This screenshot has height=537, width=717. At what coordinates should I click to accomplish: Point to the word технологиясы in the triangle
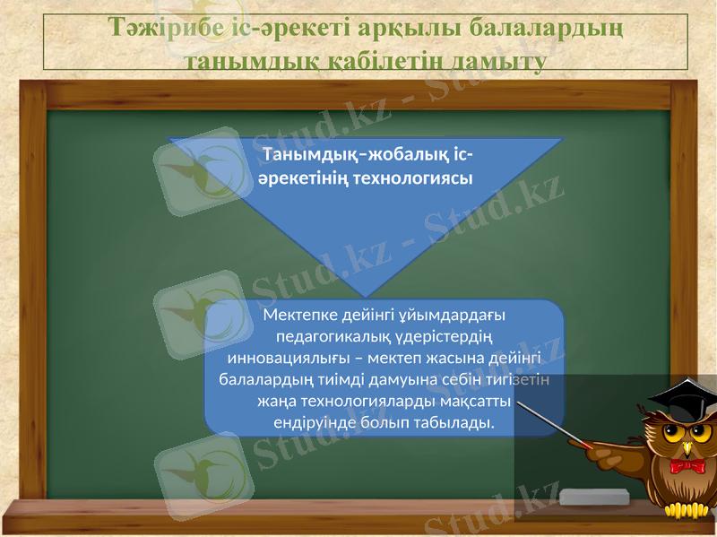click(413, 177)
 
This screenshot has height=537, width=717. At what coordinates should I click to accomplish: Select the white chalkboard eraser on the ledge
click(594, 496)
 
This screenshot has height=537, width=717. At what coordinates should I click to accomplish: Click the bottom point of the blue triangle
click(365, 296)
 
